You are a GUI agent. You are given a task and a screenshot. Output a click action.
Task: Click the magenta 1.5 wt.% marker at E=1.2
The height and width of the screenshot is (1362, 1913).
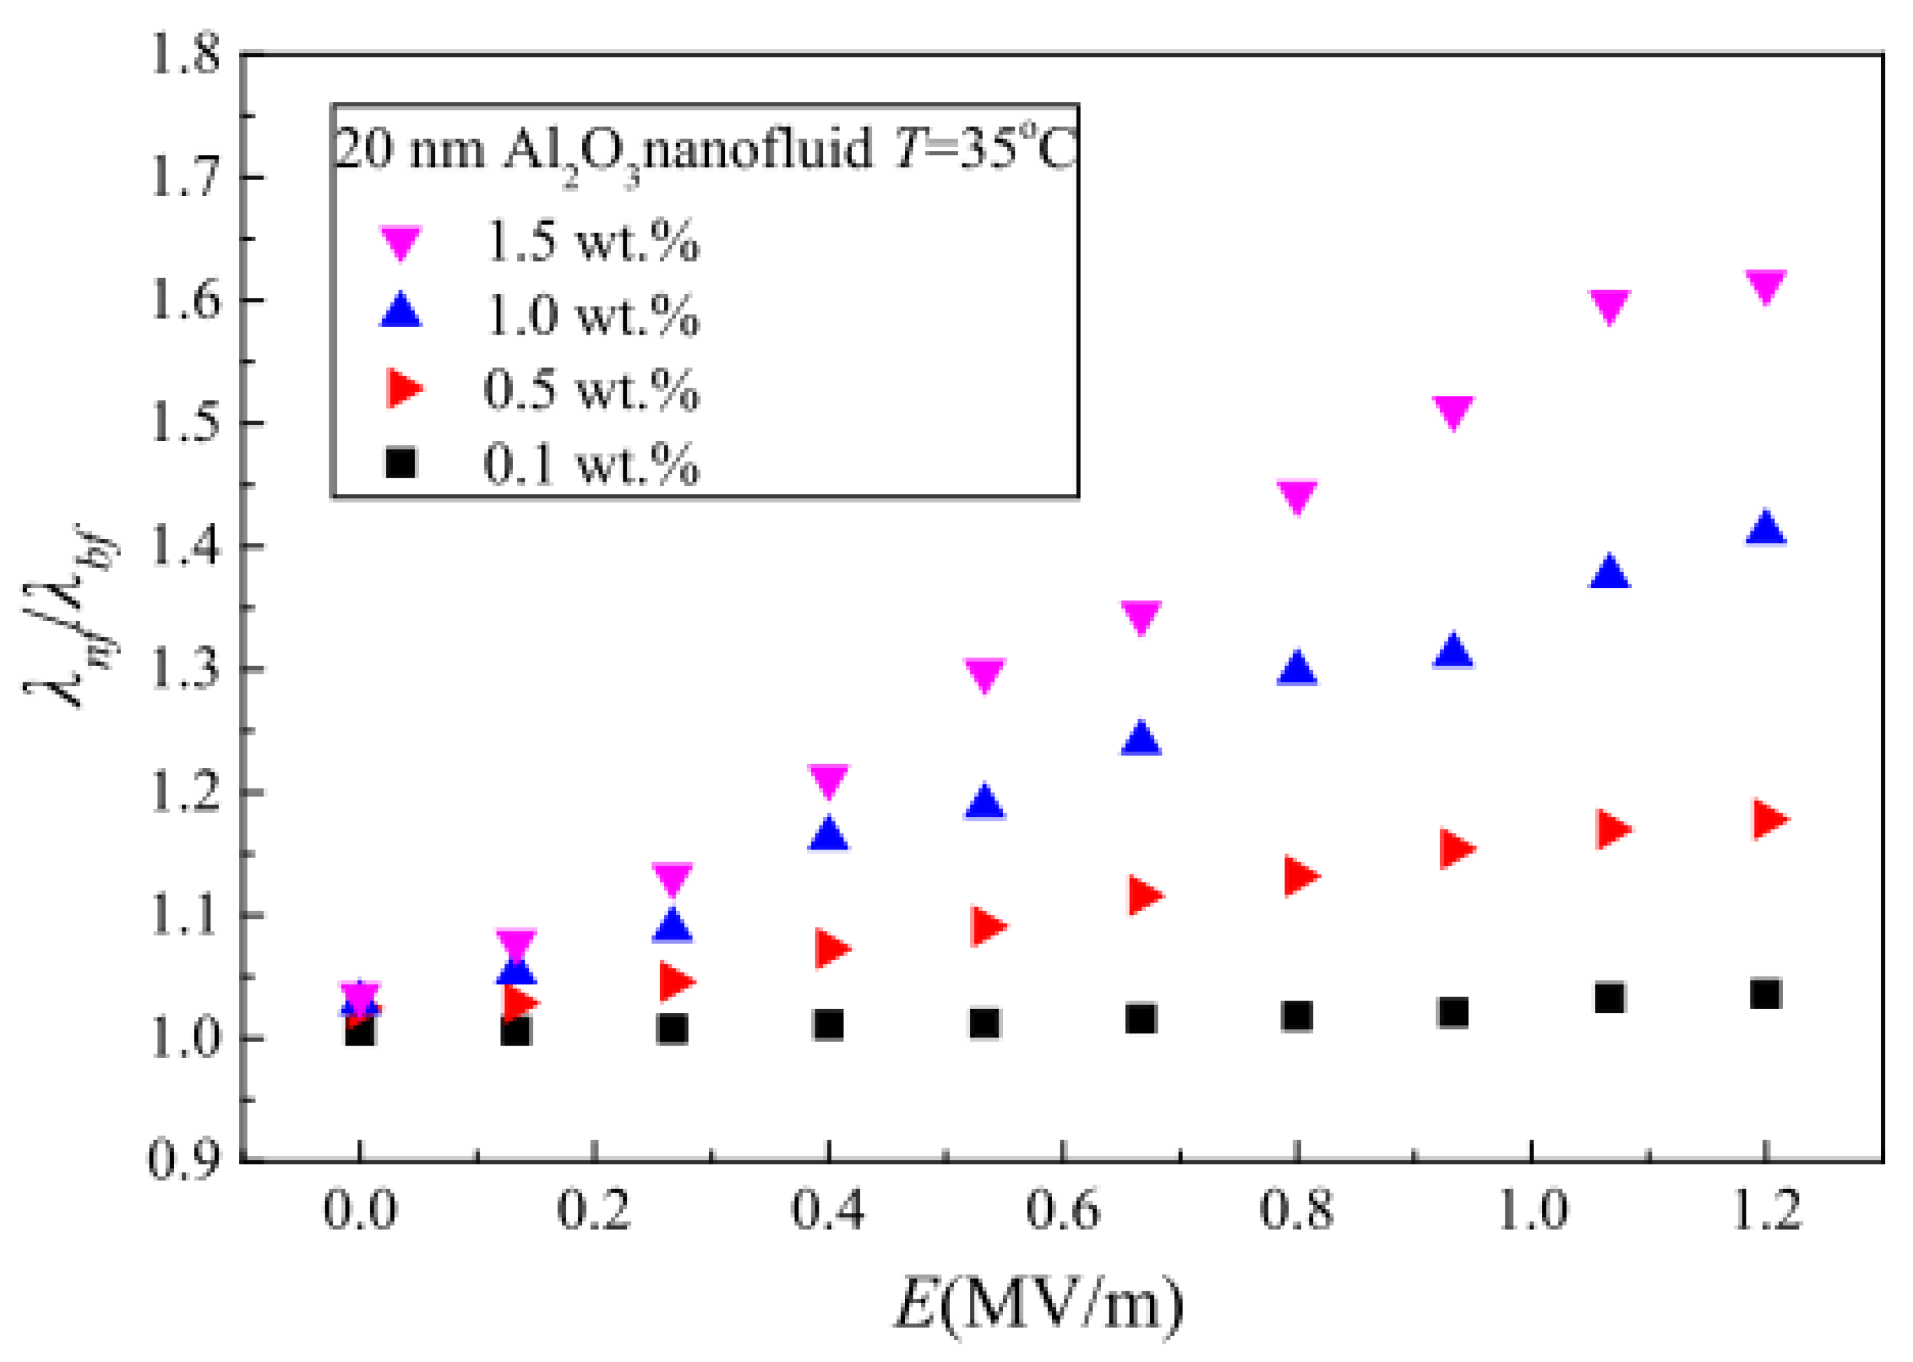pyautogui.click(x=1765, y=286)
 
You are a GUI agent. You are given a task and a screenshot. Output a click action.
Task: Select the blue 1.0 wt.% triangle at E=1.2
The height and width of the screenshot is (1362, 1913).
pyautogui.click(x=1765, y=528)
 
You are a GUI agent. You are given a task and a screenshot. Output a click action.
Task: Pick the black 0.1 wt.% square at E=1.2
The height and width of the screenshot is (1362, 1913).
pyautogui.click(x=1765, y=994)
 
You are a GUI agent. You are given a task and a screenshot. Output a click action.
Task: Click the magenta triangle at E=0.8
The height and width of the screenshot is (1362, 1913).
pyautogui.click(x=1297, y=495)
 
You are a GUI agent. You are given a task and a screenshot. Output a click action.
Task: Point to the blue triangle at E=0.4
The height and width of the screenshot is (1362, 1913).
pyautogui.click(x=828, y=834)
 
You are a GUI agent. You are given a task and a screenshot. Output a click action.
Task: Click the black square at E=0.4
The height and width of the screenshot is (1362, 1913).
pyautogui.click(x=828, y=1025)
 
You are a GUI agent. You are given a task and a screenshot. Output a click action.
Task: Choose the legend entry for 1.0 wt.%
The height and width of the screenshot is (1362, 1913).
pyautogui.click(x=591, y=316)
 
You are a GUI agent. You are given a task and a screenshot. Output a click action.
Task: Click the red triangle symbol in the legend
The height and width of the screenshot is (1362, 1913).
pyautogui.click(x=403, y=388)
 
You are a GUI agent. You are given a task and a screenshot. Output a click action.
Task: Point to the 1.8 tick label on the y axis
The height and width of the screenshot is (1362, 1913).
pyautogui.click(x=184, y=56)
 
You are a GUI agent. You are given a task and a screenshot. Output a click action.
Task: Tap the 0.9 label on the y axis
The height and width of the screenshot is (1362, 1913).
pyautogui.click(x=184, y=1160)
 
